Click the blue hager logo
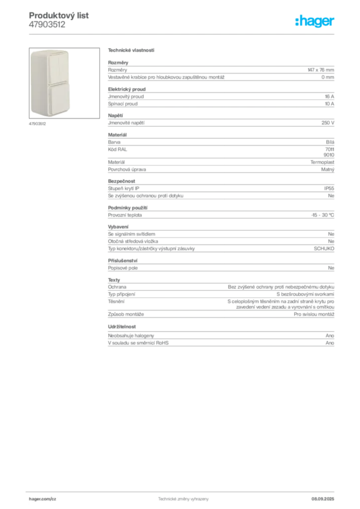pos(315,21)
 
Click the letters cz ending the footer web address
pos(53,498)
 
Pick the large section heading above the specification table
pos(132,51)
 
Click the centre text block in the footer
pos(181,498)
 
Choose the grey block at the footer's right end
pos(326,497)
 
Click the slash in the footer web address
pos(49,498)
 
